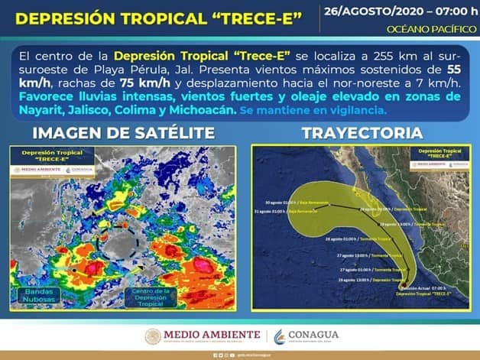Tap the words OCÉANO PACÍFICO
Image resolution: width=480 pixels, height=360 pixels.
click(x=431, y=29)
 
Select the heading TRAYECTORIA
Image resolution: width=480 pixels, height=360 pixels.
click(x=362, y=133)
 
